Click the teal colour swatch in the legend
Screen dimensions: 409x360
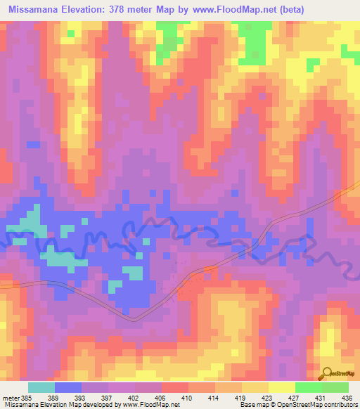click(x=41, y=388)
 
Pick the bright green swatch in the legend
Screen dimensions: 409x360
click(x=308, y=388)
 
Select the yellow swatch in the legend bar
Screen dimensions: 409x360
click(x=281, y=388)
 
